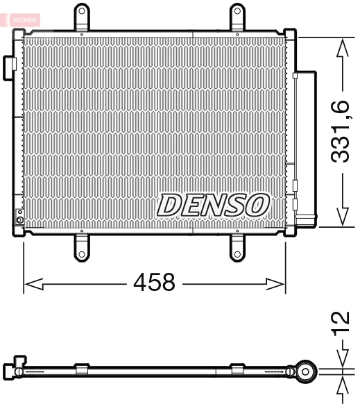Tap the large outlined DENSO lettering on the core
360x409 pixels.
(x=213, y=204)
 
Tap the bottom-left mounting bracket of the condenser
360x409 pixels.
(x=81, y=246)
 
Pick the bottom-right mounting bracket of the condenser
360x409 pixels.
(x=237, y=246)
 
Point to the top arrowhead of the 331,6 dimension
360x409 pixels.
(x=341, y=47)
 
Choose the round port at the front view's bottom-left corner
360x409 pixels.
(x=20, y=222)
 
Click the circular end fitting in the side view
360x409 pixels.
(x=305, y=371)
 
